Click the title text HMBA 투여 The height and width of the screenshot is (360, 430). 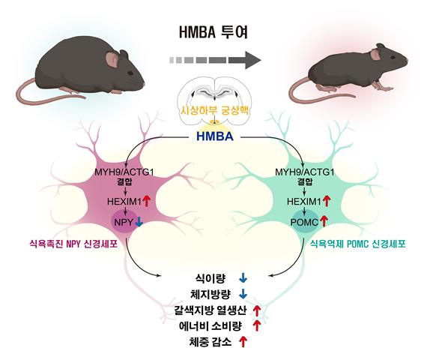pyautogui.click(x=214, y=34)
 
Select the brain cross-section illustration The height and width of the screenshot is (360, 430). pyautogui.click(x=214, y=94)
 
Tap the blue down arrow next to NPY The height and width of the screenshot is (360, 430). pyautogui.click(x=139, y=223)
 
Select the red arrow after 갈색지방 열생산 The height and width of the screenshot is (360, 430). pyautogui.click(x=257, y=310)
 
